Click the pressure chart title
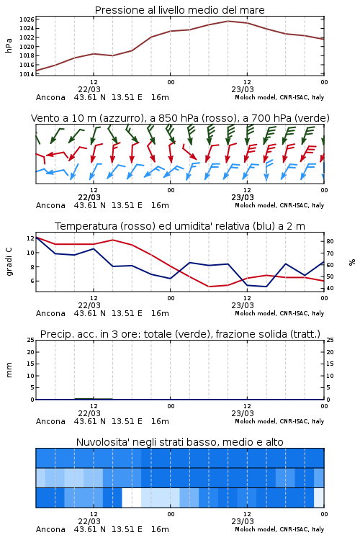179,10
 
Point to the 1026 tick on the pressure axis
27,19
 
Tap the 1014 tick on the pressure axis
27,73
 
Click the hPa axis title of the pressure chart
9,46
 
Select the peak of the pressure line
228,21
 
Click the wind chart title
180,118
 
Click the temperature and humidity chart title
180,226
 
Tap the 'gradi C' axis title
9,261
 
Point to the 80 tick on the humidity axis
330,241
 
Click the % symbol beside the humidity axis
352,262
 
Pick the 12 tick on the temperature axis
30,238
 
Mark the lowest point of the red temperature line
209,287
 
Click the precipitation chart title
180,334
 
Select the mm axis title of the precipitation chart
9,370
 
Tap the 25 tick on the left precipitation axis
30,340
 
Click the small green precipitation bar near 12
94,398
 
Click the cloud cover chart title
179,442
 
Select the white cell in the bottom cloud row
132,498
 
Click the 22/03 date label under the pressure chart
89,89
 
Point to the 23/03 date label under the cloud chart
243,521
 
